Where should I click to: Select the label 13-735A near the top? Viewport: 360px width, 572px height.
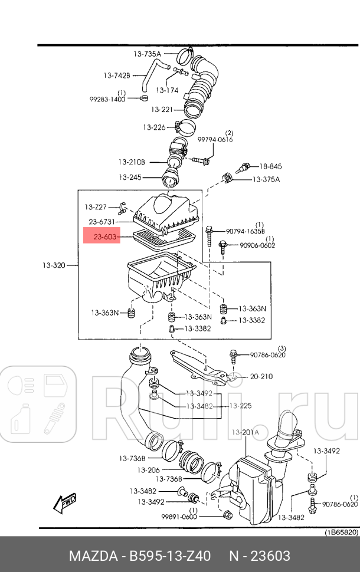[147, 54]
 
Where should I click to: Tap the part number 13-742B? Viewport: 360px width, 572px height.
[117, 75]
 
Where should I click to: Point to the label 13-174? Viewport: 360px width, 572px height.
[167, 90]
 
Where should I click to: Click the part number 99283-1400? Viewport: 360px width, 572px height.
[107, 99]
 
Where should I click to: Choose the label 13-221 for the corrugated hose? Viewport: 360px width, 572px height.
[161, 110]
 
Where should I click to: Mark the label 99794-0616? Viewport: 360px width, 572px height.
[215, 140]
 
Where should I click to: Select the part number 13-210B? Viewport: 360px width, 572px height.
[131, 162]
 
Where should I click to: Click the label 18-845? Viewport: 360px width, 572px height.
[270, 167]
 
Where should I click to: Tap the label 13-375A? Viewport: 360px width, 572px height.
[266, 179]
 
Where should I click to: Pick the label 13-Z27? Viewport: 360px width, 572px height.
[95, 207]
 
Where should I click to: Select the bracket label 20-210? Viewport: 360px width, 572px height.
[261, 376]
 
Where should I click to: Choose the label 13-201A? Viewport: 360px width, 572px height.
[244, 432]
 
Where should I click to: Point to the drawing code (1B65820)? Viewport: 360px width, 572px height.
[340, 531]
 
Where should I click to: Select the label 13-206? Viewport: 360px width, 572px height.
[149, 470]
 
